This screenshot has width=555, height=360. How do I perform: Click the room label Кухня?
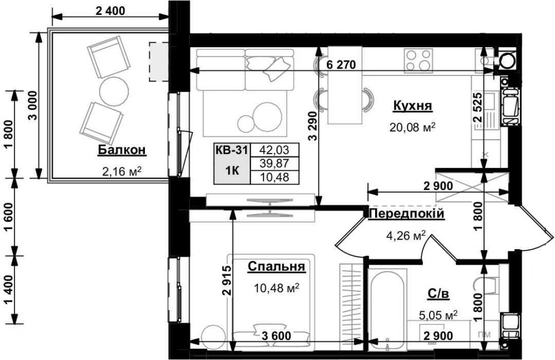point(412,106)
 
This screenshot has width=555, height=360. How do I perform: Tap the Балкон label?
point(122,150)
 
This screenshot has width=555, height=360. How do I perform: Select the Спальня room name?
point(276,266)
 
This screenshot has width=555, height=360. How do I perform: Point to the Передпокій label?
point(406,214)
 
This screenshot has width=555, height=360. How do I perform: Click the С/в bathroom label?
point(439,293)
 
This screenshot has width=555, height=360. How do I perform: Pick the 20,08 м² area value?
point(412,127)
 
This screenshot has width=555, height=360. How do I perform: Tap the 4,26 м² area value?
point(405,236)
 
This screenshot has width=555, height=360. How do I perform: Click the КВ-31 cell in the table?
point(232,150)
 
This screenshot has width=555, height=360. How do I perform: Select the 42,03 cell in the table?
point(274,150)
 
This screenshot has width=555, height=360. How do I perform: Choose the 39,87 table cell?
point(274,164)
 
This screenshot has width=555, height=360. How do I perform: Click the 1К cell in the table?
point(232,170)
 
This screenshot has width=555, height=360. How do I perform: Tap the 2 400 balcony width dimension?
point(110,11)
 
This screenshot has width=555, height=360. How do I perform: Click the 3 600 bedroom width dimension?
point(277,336)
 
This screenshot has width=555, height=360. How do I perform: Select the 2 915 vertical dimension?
point(227,280)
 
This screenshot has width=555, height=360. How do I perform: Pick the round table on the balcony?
point(114,90)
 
